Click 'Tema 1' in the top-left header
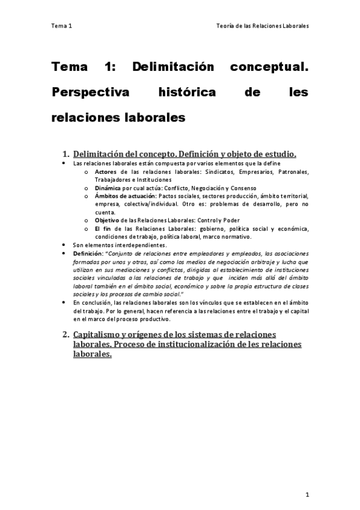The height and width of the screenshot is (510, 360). pyautogui.click(x=61, y=26)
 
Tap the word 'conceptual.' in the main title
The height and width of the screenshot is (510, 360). pyautogui.click(x=269, y=67)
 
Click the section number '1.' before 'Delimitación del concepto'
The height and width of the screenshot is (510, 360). pyautogui.click(x=66, y=153)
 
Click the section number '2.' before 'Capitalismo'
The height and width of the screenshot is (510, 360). pyautogui.click(x=66, y=334)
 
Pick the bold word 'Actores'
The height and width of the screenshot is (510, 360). pyautogui.click(x=106, y=171)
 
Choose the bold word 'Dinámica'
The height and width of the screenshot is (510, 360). pyautogui.click(x=108, y=188)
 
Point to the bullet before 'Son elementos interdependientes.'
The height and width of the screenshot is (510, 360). pyautogui.click(x=65, y=245)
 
